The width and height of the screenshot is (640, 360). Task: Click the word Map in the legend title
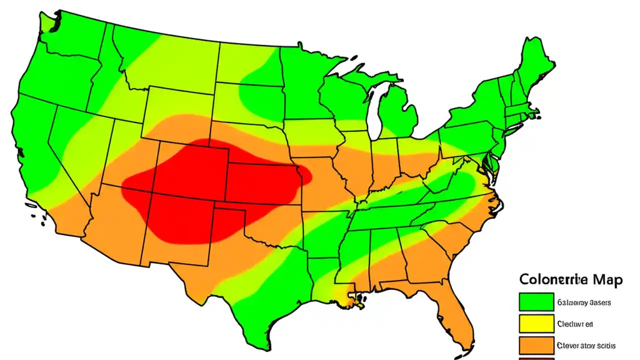click(606, 279)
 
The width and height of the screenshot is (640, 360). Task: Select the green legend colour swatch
click(536, 302)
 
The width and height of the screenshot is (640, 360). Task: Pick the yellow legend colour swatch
click(536, 323)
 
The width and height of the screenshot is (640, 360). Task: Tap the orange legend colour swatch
click(536, 345)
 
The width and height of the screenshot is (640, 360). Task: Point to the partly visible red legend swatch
click(536, 358)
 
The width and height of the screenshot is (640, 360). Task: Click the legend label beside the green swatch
click(582, 302)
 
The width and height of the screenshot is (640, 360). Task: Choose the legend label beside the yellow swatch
click(574, 324)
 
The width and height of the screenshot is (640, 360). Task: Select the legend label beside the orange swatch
click(585, 345)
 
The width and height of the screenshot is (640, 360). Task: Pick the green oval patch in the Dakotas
click(260, 92)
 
